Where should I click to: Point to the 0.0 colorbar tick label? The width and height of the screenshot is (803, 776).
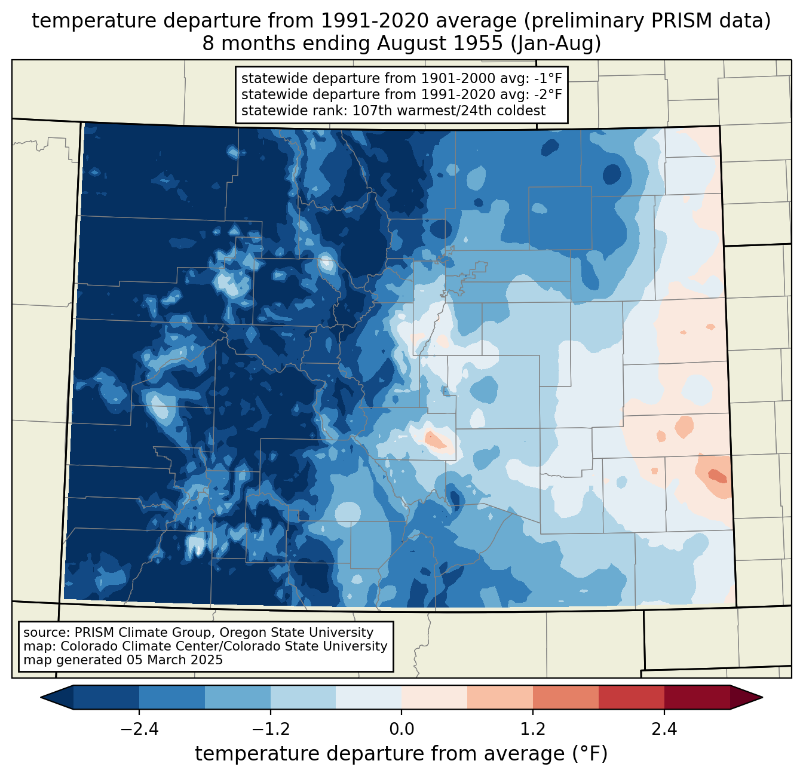click(401, 729)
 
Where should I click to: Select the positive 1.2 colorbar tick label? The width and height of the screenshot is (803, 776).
click(533, 729)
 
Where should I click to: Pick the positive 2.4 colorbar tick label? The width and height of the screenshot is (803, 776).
click(664, 729)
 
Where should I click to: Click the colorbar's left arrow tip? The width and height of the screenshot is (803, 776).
click(42, 697)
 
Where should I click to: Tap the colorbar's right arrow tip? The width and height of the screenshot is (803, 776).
click(761, 697)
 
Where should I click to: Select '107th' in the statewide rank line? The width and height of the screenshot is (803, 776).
click(370, 111)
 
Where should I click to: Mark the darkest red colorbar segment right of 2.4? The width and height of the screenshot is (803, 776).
click(697, 697)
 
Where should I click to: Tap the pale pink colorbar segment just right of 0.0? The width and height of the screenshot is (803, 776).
click(434, 697)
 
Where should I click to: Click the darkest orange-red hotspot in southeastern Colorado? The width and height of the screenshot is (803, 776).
click(716, 476)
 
